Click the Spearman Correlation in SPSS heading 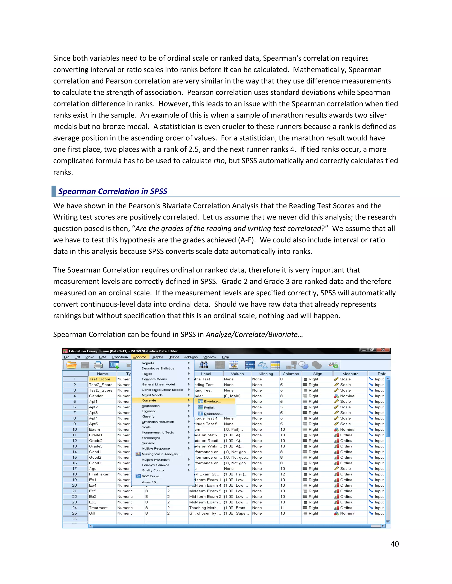[x=113, y=192]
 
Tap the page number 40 [x=394, y=544]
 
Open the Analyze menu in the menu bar [x=139, y=357]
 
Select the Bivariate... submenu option [x=212, y=401]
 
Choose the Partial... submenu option [x=210, y=407]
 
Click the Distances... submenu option [x=213, y=414]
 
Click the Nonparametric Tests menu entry [x=158, y=432]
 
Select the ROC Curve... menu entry [x=152, y=476]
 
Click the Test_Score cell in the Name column [x=100, y=379]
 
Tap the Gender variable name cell [x=96, y=396]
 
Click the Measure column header [x=350, y=374]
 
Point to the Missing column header [x=266, y=374]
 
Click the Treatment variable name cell [x=98, y=508]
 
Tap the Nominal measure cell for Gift [x=347, y=513]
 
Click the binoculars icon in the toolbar [x=203, y=365]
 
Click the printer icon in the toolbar [x=98, y=365]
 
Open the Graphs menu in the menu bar [x=157, y=357]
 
